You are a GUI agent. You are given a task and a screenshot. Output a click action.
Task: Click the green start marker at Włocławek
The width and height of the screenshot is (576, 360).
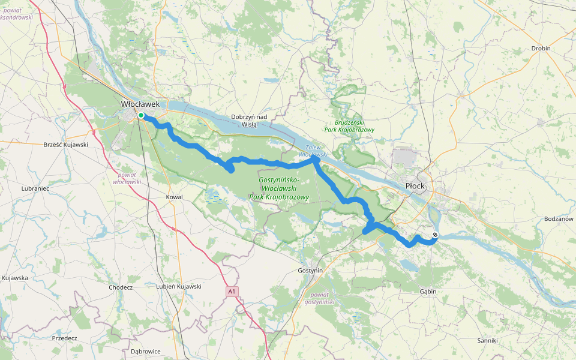(x=140, y=115)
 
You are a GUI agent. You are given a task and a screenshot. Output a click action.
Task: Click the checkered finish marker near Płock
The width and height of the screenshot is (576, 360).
(x=435, y=235)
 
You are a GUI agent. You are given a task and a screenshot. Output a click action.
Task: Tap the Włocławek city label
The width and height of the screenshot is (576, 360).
(x=140, y=104)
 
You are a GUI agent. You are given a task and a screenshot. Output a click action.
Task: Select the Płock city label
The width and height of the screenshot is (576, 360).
(x=415, y=186)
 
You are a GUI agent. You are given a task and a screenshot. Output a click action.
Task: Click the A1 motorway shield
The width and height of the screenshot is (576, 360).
(x=232, y=292)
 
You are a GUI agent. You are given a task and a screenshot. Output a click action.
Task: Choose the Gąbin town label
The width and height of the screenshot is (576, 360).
(x=428, y=292)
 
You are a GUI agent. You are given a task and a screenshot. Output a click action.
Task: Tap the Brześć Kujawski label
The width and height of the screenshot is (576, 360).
(x=66, y=145)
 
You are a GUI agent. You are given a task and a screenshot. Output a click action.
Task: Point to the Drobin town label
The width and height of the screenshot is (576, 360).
(x=541, y=49)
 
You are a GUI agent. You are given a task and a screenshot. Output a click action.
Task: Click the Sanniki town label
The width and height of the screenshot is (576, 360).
(x=487, y=340)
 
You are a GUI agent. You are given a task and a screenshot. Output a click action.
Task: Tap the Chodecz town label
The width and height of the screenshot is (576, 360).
(x=121, y=287)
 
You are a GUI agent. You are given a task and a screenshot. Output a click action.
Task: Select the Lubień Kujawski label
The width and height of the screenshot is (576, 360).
(x=178, y=287)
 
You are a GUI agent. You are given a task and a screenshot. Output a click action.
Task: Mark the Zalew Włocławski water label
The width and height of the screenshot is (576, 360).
(x=310, y=151)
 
